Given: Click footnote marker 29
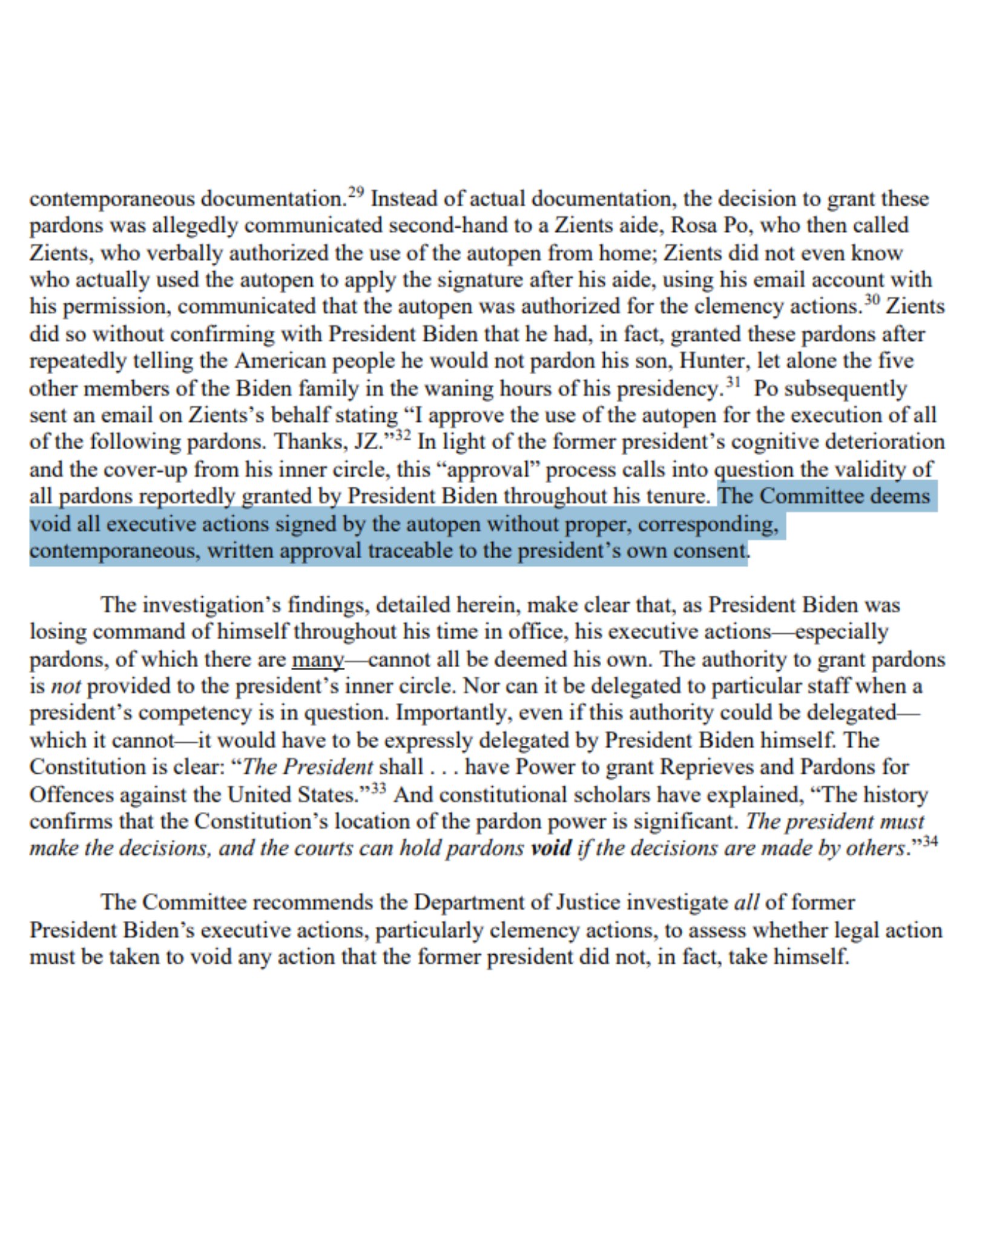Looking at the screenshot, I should (357, 193).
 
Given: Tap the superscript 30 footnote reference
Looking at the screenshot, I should (871, 301).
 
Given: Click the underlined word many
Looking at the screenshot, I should (318, 659).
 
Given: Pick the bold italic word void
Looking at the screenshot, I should (550, 848).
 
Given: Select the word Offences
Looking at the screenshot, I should (73, 794).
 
